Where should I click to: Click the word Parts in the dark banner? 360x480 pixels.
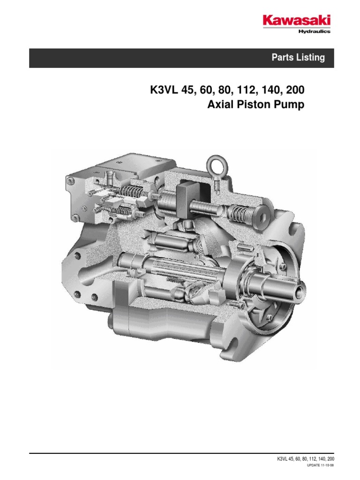pyautogui.click(x=281, y=58)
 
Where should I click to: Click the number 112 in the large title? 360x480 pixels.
pyautogui.click(x=237, y=90)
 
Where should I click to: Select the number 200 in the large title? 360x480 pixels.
pyautogui.click(x=294, y=90)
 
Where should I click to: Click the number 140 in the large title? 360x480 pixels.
pyautogui.click(x=265, y=90)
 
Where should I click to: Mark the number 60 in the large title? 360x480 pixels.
pyautogui.click(x=202, y=90)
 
